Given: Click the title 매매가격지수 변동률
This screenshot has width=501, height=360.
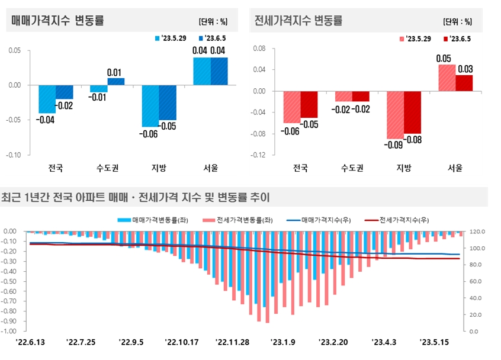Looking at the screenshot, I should pyautogui.click(x=57, y=20).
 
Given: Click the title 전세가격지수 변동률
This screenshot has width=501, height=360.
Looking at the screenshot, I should pyautogui.click(x=298, y=20).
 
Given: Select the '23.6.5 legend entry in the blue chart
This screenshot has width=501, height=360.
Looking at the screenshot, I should pyautogui.click(x=213, y=38).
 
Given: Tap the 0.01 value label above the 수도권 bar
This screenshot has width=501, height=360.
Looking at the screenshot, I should pyautogui.click(x=115, y=72).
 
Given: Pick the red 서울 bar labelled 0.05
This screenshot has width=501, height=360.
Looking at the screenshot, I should pyautogui.click(x=447, y=78).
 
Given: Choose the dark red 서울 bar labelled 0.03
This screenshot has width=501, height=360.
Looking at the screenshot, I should pyautogui.click(x=464, y=83).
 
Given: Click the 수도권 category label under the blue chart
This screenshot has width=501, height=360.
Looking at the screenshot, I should pyautogui.click(x=107, y=168).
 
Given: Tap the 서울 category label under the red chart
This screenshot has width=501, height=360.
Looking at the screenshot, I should pyautogui.click(x=455, y=168).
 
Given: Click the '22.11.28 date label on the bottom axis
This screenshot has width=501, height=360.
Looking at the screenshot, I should pyautogui.click(x=232, y=342).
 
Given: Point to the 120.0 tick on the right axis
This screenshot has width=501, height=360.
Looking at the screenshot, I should pyautogui.click(x=477, y=232).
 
